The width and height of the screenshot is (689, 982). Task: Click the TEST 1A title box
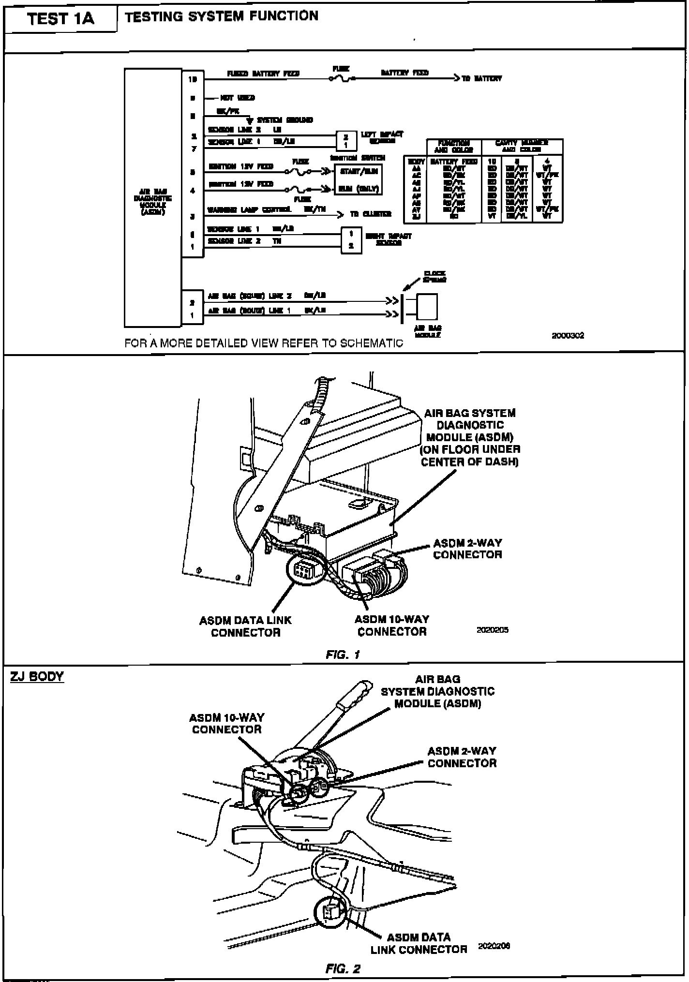(60, 19)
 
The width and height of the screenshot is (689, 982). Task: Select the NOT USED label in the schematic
(238, 98)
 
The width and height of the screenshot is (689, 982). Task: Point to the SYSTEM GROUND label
(285, 120)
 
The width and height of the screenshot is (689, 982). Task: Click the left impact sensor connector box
(345, 140)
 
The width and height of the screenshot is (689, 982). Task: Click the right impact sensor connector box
(351, 240)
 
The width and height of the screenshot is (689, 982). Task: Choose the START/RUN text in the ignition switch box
(358, 171)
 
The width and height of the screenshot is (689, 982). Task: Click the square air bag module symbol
(427, 307)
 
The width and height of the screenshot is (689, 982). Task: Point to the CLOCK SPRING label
(434, 277)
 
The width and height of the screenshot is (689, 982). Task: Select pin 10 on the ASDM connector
(192, 79)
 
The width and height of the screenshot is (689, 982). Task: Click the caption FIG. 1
(343, 655)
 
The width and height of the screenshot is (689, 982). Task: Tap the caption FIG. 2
(343, 968)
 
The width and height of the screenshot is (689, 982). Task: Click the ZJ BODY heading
(37, 676)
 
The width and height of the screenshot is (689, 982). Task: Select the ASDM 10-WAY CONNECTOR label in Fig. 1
(391, 625)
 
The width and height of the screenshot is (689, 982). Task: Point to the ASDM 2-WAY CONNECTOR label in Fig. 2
(462, 757)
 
